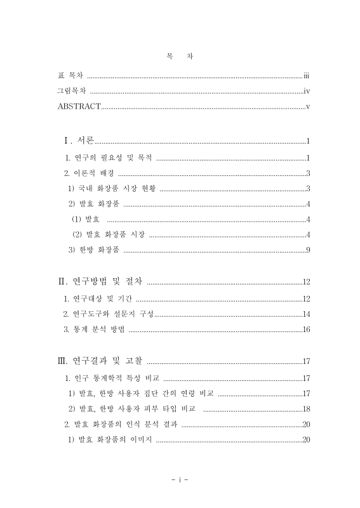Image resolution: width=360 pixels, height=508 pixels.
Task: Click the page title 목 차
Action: (x=180, y=55)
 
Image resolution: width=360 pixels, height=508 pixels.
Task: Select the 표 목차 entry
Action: (x=71, y=76)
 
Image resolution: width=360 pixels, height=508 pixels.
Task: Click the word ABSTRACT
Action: (x=79, y=105)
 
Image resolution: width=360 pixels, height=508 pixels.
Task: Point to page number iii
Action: (x=305, y=76)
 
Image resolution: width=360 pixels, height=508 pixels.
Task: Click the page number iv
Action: (x=306, y=91)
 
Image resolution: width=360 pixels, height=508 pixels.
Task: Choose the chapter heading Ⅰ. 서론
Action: (x=75, y=140)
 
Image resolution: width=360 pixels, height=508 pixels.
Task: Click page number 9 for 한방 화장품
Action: (x=307, y=250)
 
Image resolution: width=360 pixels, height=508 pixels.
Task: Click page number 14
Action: (x=305, y=314)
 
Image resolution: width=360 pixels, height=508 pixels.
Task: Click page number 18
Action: (x=305, y=408)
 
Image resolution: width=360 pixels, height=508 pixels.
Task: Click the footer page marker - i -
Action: (x=180, y=479)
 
